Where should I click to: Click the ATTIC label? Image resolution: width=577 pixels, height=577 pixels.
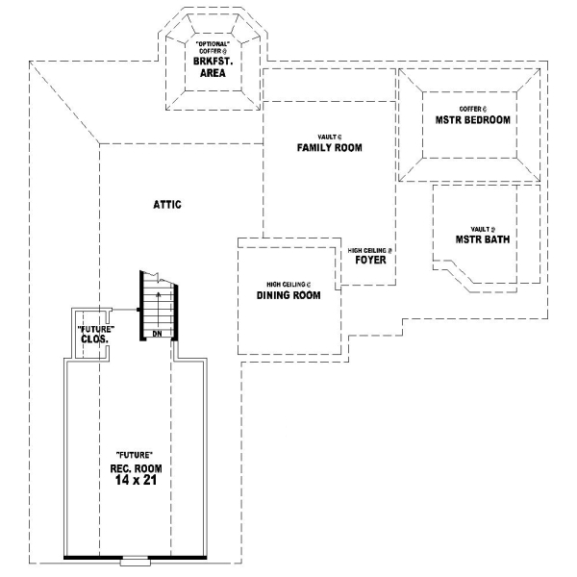point(167,205)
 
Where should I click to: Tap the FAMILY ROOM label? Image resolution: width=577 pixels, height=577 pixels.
point(329,148)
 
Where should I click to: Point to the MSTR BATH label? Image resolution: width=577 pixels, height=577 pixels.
point(483,239)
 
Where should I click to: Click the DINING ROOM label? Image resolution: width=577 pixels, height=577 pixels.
point(288,296)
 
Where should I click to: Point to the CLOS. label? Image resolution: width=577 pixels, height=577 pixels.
point(93,339)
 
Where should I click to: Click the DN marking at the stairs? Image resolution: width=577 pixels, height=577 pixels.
point(156,334)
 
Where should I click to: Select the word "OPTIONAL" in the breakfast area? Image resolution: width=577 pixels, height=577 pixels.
point(212,44)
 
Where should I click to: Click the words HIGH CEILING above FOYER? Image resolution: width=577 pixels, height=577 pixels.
point(369,250)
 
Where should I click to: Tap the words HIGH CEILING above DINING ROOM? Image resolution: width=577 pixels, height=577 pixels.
point(286,286)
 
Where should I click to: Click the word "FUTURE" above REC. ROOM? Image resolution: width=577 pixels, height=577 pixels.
point(134,454)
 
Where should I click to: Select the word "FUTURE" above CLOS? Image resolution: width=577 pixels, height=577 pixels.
point(93,329)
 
